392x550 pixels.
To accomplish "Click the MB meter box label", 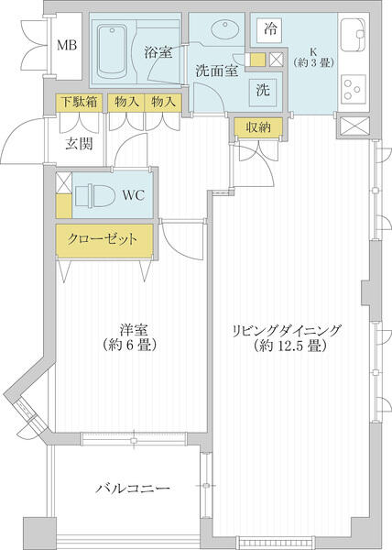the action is pyautogui.click(x=67, y=45).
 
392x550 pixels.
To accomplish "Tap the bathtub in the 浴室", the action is pyautogui.click(x=112, y=52).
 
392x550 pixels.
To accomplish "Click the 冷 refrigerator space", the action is pyautogui.click(x=270, y=29).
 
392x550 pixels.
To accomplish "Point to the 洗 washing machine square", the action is pyautogui.click(x=263, y=90).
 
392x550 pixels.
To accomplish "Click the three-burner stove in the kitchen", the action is pyautogui.click(x=354, y=90).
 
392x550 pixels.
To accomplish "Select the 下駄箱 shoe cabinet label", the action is pyautogui.click(x=80, y=102).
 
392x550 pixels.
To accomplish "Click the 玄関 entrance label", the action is pyautogui.click(x=80, y=144).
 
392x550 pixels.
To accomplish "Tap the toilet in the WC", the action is pyautogui.click(x=95, y=195).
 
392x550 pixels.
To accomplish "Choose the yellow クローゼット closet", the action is pyautogui.click(x=104, y=240).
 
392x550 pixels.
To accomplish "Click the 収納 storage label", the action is pyautogui.click(x=259, y=127).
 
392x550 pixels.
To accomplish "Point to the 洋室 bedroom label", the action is pyautogui.click(x=133, y=330).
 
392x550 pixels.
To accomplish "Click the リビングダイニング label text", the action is pyautogui.click(x=286, y=331).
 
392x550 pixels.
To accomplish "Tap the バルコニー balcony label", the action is pyautogui.click(x=133, y=489).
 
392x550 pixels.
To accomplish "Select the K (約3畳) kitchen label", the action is pyautogui.click(x=313, y=58).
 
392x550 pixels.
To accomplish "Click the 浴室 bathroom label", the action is pyautogui.click(x=158, y=52).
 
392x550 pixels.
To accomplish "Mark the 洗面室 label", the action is pyautogui.click(x=217, y=71).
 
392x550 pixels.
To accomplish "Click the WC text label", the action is pyautogui.click(x=134, y=195).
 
